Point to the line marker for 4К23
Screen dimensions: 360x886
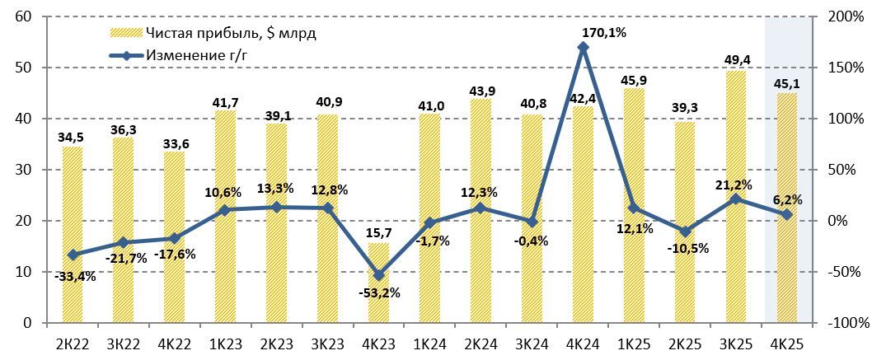[379, 275]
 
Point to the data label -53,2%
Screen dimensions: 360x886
[379, 293]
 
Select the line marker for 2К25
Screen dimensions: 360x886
[686, 231]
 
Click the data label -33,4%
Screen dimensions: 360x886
[75, 276]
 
